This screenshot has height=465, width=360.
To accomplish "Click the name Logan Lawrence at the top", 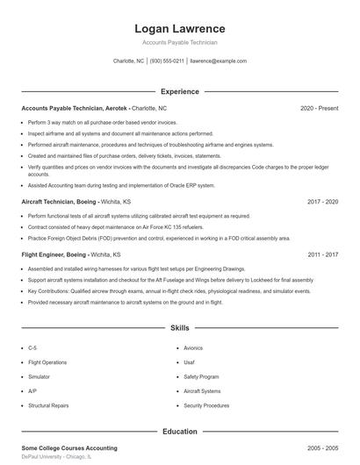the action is pos(179,28).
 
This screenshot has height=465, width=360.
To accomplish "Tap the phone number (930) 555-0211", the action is pos(167,61).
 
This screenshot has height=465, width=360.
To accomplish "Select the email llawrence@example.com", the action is pos(218,61).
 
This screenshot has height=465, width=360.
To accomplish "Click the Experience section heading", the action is pos(179,91).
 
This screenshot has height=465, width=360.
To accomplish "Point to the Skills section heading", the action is pos(179,328).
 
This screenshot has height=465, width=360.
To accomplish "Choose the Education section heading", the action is pos(179,432).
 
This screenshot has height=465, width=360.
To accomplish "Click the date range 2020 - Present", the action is pos(319,108).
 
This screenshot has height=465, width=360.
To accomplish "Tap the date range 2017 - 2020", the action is pos(322,201).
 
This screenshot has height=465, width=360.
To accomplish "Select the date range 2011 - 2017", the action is pos(322,254).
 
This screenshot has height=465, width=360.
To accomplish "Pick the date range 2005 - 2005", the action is pos(322,448).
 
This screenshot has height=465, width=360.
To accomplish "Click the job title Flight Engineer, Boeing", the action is pos(55,254).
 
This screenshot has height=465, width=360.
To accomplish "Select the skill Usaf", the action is pos(190,361).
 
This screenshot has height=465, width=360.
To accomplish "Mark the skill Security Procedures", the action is pos(206,406).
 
